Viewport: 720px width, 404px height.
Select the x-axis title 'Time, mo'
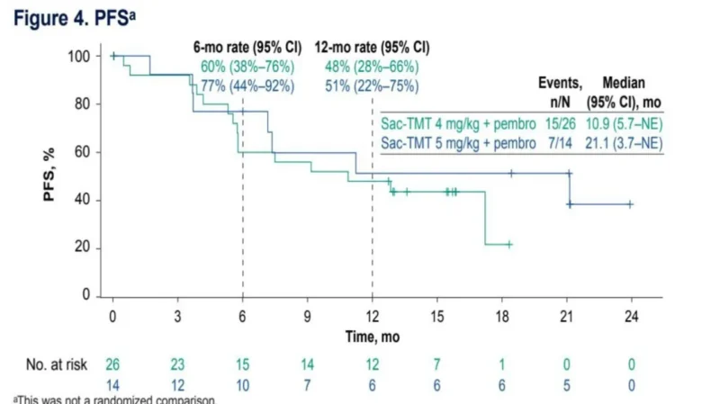click(372, 336)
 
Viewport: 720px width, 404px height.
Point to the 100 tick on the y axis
click(80, 56)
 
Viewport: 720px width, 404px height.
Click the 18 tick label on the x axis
click(502, 317)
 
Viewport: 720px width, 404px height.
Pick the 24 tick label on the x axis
click(632, 317)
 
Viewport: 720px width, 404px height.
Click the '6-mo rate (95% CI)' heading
click(243, 47)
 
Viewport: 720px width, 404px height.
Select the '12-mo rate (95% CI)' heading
click(372, 47)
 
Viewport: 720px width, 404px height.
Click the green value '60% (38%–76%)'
click(246, 67)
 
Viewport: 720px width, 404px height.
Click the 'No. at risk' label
click(58, 366)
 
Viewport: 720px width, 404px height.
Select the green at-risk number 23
click(177, 366)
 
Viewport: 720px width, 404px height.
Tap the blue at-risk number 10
click(242, 385)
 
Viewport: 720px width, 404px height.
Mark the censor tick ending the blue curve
click(630, 204)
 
